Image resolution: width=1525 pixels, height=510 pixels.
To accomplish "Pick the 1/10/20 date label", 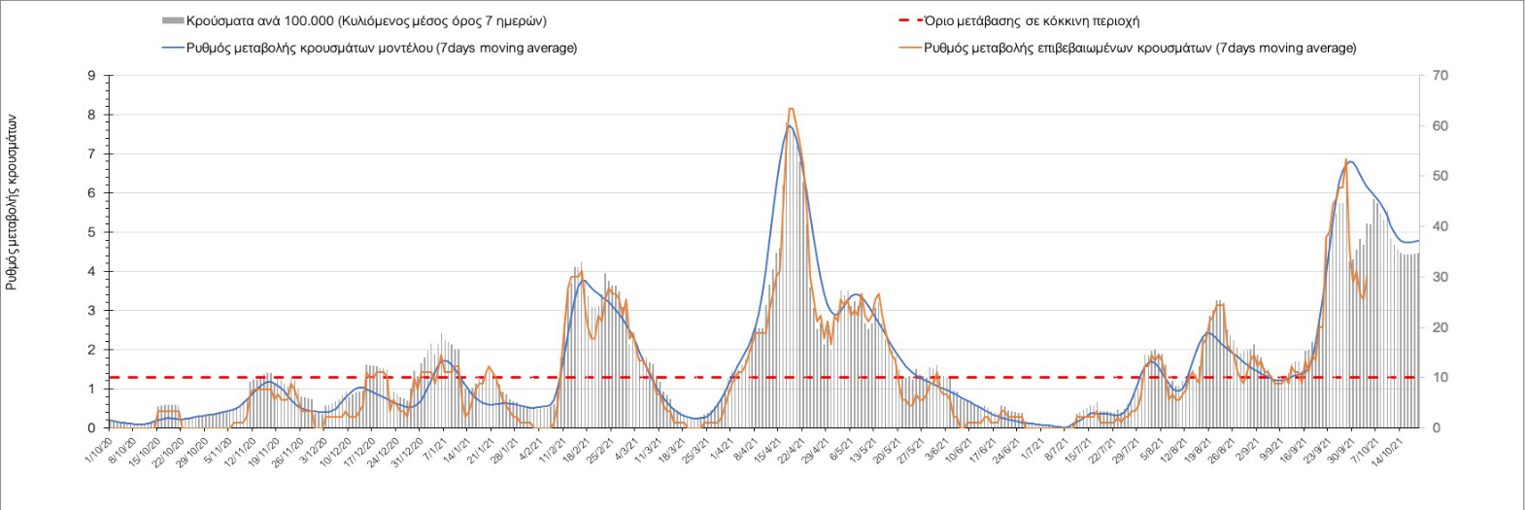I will tap(98, 449).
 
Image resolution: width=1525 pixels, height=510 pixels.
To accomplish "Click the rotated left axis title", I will tap(13, 203).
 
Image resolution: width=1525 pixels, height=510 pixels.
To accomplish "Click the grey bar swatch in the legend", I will tap(172, 20).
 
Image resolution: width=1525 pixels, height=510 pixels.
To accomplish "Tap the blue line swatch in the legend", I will tap(172, 48).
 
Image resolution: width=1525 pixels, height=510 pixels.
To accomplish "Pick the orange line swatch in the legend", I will tap(911, 48).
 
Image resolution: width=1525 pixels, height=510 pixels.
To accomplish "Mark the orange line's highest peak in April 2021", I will tap(791, 109).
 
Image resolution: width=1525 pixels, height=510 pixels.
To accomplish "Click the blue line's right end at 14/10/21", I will tap(1418, 241).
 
